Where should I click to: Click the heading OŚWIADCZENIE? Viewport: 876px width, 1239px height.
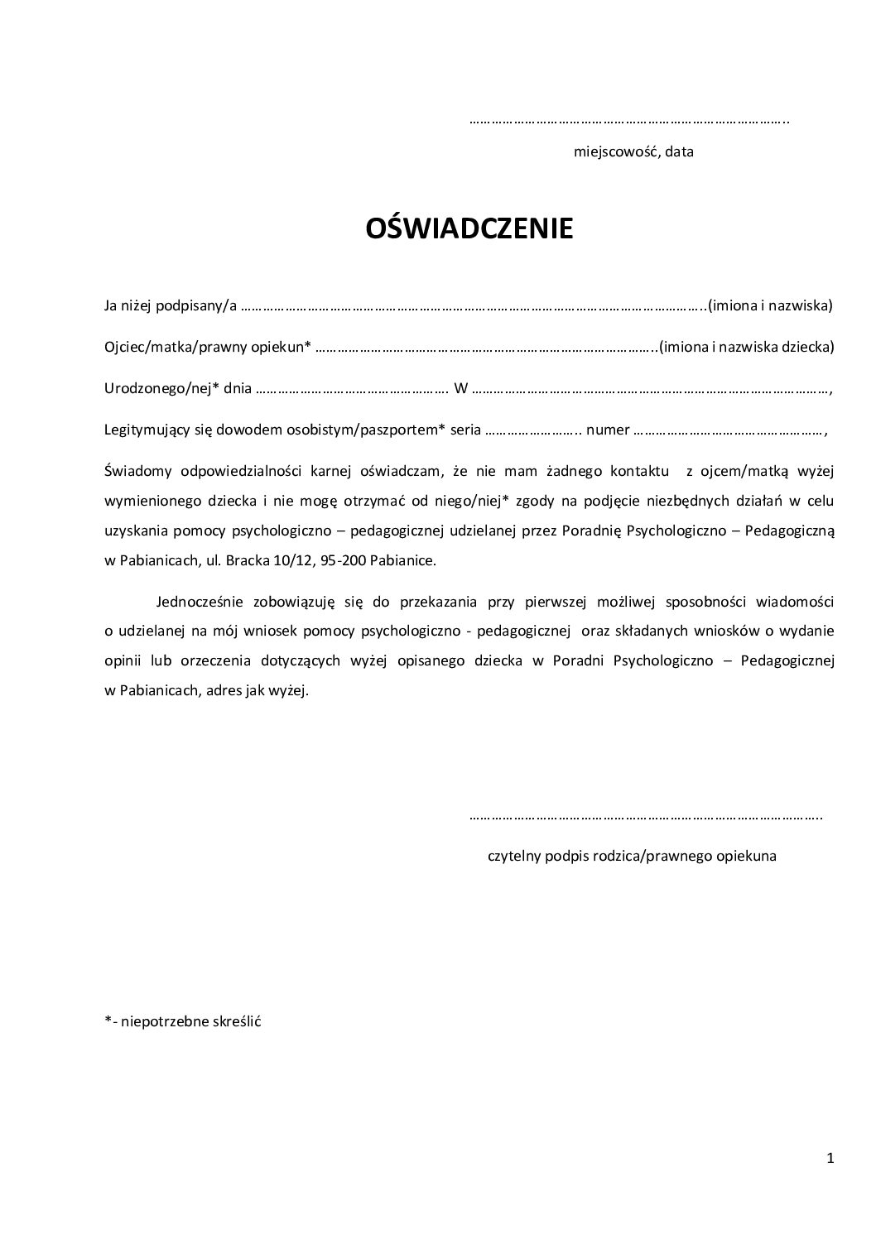click(x=469, y=228)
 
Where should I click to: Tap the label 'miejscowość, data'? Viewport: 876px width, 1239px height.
click(x=633, y=152)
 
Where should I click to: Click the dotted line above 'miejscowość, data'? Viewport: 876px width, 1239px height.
click(x=629, y=122)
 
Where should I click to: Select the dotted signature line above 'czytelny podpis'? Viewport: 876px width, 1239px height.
click(x=645, y=818)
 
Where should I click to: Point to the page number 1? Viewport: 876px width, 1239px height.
click(x=830, y=1159)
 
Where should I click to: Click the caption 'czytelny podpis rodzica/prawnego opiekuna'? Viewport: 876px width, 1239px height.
click(x=633, y=856)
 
